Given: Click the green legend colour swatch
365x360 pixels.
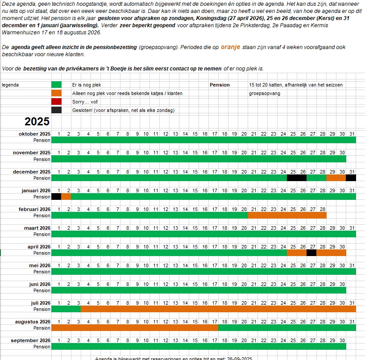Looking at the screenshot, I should click(x=56, y=85).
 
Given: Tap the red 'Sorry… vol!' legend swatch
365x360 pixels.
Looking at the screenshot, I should click(x=56, y=102).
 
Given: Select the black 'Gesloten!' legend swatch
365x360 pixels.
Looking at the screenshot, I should click(x=56, y=110).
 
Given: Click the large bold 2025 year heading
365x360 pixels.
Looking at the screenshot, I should click(x=37, y=122).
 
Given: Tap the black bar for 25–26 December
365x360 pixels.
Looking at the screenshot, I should click(x=297, y=178).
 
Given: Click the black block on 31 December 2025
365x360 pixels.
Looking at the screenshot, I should click(x=351, y=178).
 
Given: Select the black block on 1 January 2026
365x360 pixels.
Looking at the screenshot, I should click(x=56, y=197).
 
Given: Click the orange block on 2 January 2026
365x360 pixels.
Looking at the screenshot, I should click(x=66, y=197).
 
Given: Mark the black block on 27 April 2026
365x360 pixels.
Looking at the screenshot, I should click(x=311, y=253).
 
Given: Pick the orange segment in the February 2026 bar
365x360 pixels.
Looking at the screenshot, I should click(x=287, y=215).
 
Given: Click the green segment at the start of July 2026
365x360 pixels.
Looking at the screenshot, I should click(x=66, y=309).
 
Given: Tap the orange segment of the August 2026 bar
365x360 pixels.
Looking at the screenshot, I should click(x=135, y=328).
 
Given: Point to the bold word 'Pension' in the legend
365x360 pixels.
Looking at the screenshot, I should click(x=220, y=85).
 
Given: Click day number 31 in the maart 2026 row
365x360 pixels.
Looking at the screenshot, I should click(x=352, y=228).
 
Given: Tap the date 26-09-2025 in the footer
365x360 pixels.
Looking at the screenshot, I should click(x=240, y=358).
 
